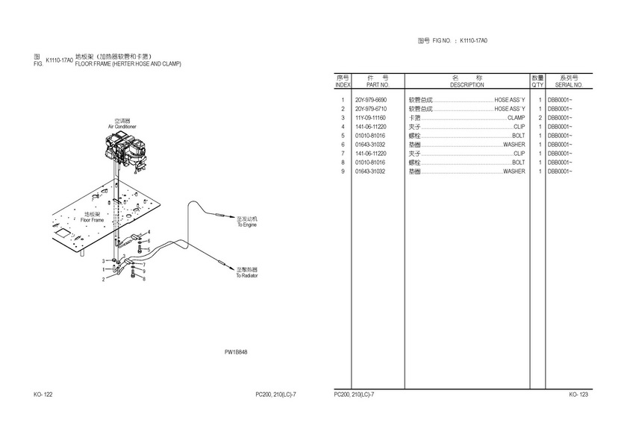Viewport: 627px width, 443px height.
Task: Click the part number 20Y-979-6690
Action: tap(371, 100)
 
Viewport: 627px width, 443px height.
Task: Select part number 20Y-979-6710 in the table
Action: tap(371, 109)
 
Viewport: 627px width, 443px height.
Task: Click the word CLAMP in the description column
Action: tap(516, 118)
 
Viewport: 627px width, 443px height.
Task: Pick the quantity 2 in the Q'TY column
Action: tap(539, 118)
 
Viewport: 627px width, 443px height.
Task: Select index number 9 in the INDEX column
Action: tap(342, 172)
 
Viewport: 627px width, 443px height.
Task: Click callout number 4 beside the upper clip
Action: tap(149, 233)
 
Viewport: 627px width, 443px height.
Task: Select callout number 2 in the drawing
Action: tap(104, 280)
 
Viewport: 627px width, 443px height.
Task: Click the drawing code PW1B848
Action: tap(236, 352)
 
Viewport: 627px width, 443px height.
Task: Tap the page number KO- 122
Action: tap(43, 395)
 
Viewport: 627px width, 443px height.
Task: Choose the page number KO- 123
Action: tap(578, 395)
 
